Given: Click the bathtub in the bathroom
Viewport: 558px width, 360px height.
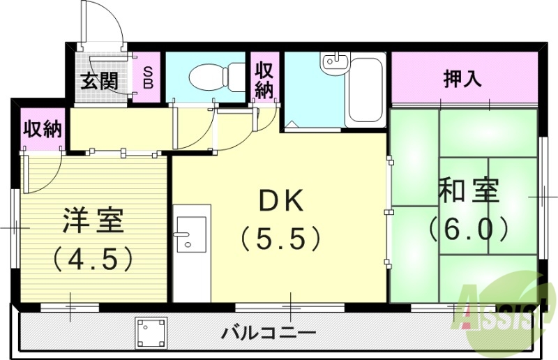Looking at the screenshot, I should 364,90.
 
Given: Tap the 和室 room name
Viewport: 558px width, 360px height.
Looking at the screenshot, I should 469,191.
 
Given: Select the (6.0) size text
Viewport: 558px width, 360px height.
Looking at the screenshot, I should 469,228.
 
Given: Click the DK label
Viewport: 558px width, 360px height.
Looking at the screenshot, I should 281,202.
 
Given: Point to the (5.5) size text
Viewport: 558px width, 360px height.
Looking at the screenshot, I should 280,239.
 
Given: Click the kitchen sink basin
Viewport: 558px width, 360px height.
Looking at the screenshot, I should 190,234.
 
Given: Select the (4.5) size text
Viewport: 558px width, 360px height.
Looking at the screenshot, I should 93,260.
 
